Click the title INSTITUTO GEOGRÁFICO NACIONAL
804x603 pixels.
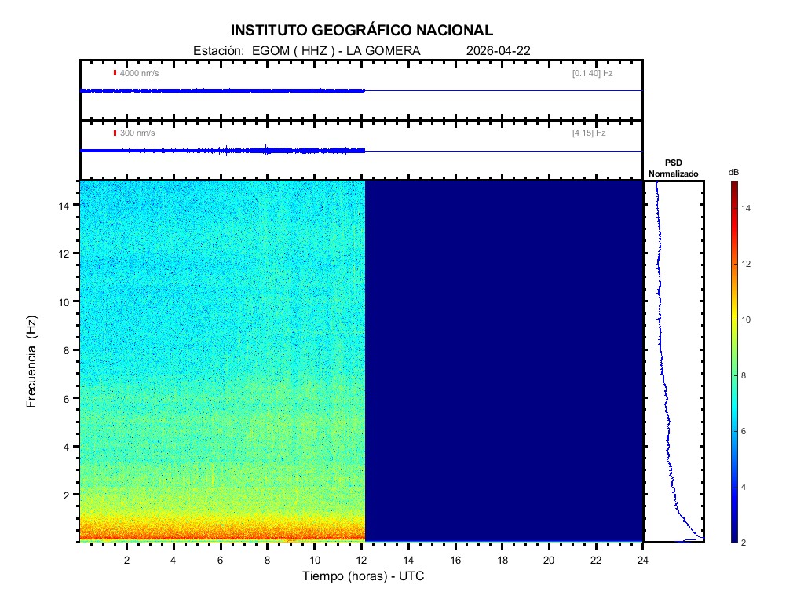tap(362, 31)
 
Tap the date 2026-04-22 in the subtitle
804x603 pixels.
tap(499, 50)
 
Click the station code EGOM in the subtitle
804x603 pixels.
tap(269, 50)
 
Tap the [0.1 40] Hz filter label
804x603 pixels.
tap(592, 73)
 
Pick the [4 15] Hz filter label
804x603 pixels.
tap(589, 133)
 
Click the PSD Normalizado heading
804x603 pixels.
tap(673, 168)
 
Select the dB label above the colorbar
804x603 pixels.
tap(733, 172)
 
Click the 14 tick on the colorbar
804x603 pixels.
tap(747, 209)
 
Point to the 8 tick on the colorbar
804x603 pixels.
tap(747, 376)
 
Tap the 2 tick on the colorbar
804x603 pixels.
tap(747, 543)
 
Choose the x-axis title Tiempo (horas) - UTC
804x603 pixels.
tap(364, 576)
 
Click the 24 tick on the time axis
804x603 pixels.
tap(643, 560)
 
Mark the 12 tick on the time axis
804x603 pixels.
tap(361, 560)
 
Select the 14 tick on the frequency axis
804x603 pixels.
tap(67, 205)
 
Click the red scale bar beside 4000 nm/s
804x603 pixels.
tap(115, 73)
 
